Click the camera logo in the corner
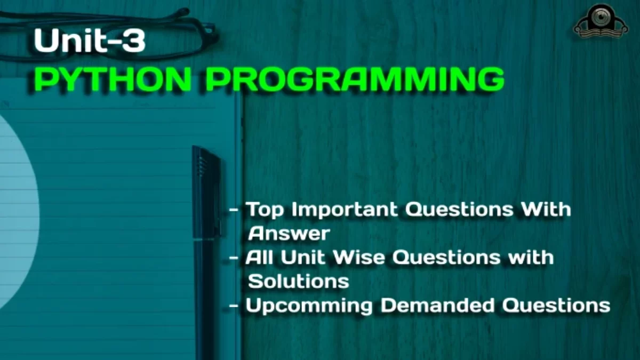click(x=601, y=22)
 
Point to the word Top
click(x=265, y=210)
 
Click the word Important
click(x=345, y=210)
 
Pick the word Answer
click(x=289, y=234)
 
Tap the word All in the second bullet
click(x=259, y=257)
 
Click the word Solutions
click(x=299, y=281)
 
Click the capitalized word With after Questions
click(x=546, y=209)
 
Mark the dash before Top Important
click(x=234, y=211)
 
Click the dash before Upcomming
click(x=234, y=306)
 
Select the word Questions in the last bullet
click(x=556, y=306)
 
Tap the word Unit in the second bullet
click(x=303, y=257)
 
